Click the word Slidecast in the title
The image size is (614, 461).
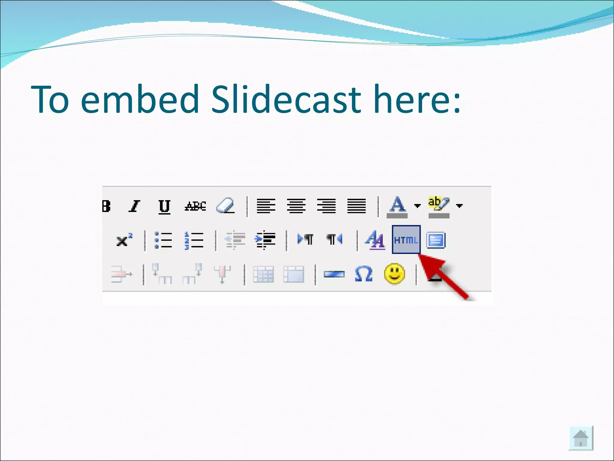point(286,99)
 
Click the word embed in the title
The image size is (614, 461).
point(140,99)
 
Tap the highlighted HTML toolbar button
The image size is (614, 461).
point(406,240)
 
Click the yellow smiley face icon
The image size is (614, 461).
point(394,274)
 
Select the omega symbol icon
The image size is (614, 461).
point(363,274)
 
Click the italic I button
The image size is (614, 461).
point(134,206)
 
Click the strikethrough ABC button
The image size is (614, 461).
point(195,206)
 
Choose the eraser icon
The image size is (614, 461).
point(225,206)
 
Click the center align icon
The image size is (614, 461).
point(296,206)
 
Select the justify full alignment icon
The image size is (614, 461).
point(356,206)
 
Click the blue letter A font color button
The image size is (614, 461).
point(397,206)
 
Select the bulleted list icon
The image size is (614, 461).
point(163,240)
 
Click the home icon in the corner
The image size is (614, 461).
point(581,438)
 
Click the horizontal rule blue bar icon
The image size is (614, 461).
point(334,274)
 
